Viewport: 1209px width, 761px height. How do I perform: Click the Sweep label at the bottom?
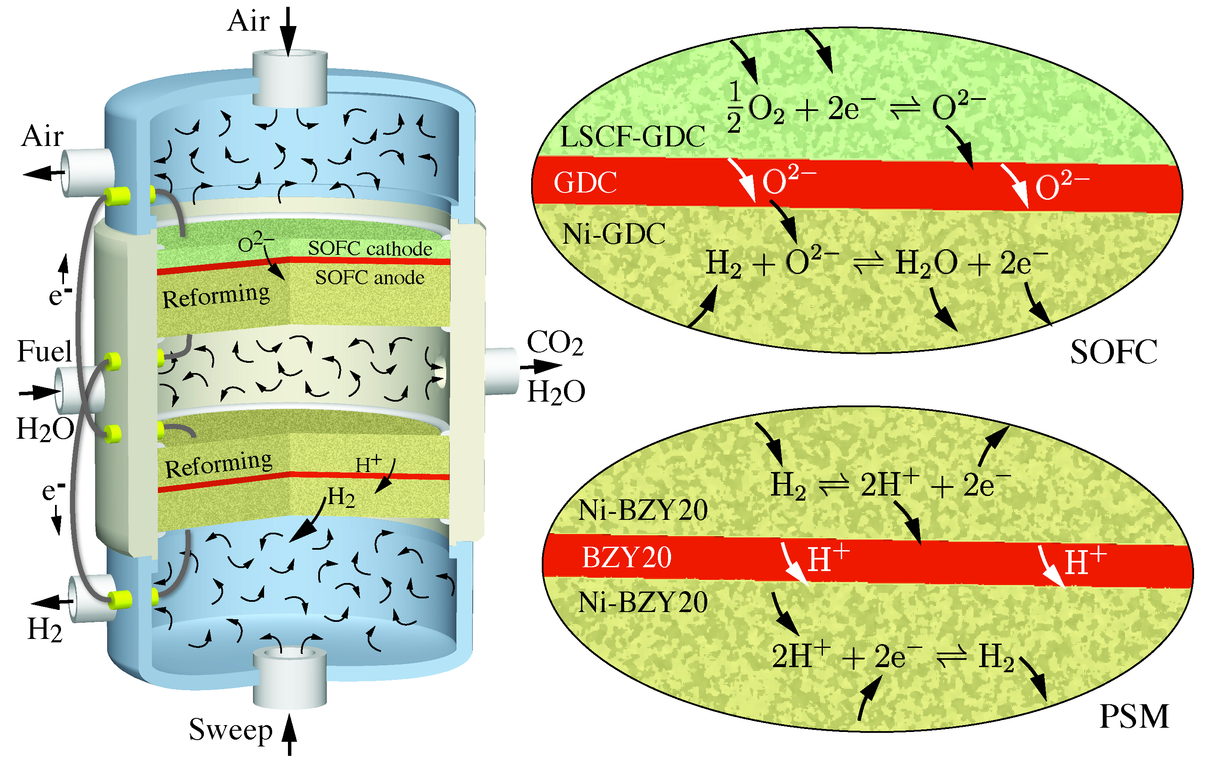pyautogui.click(x=230, y=730)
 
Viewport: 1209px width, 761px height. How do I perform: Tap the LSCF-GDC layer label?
pyautogui.click(x=633, y=137)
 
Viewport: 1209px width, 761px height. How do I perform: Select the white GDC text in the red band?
pyautogui.click(x=585, y=182)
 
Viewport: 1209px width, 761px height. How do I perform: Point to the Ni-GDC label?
pyautogui.click(x=613, y=234)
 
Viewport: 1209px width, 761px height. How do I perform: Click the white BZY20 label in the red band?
pyautogui.click(x=627, y=557)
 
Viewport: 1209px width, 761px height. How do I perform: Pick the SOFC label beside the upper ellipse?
pyautogui.click(x=1113, y=352)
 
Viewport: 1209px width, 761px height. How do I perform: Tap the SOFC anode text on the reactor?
pyautogui.click(x=369, y=278)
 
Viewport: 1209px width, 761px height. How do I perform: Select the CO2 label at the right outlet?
pyautogui.click(x=555, y=344)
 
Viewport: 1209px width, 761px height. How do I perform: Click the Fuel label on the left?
pyautogui.click(x=44, y=351)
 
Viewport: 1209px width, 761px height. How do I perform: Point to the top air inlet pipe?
pyautogui.click(x=290, y=78)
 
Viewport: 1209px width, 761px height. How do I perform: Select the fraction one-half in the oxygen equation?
pyautogui.click(x=734, y=108)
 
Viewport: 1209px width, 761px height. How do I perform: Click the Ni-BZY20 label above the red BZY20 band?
pyautogui.click(x=642, y=510)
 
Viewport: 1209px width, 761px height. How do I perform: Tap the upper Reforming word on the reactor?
pyautogui.click(x=216, y=296)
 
